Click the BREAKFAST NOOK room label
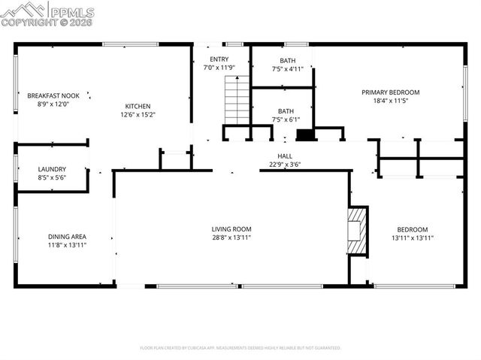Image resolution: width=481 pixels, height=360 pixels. pos(53,95)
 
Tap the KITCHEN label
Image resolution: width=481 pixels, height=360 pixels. pos(138,106)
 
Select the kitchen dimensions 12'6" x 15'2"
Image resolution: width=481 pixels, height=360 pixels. pos(138,115)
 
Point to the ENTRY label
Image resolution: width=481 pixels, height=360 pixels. pos(219,59)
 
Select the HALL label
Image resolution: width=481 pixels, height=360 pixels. pos(285,156)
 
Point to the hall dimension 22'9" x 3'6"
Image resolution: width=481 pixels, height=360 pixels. pos(285,165)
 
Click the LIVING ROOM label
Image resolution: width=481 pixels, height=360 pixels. pos(231,228)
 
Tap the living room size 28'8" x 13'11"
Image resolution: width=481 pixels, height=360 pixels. pos(231,237)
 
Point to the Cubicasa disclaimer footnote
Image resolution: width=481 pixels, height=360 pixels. pos(240,348)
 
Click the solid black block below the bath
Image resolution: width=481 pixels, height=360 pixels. pos(306,136)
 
